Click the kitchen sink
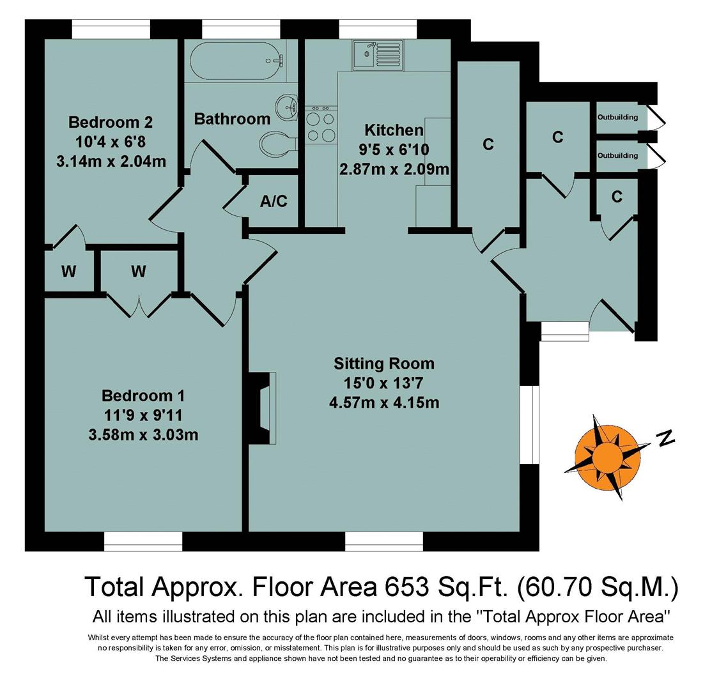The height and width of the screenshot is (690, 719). coord(377,54)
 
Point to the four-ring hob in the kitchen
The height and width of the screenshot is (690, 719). coord(321,126)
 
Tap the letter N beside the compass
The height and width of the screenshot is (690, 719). coord(666,438)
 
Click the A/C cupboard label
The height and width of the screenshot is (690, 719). coord(274,201)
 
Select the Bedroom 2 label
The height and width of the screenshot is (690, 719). coord(111,121)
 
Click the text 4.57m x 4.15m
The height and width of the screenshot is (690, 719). coord(383,402)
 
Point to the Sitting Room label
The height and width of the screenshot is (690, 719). coord(383,364)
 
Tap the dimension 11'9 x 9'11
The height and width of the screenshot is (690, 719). coord(143,415)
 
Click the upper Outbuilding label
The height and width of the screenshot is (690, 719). coord(617,118)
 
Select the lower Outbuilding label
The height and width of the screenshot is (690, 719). coord(617,155)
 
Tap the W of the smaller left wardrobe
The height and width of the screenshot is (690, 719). coord(68,272)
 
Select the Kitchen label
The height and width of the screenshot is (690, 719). coord(394,130)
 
